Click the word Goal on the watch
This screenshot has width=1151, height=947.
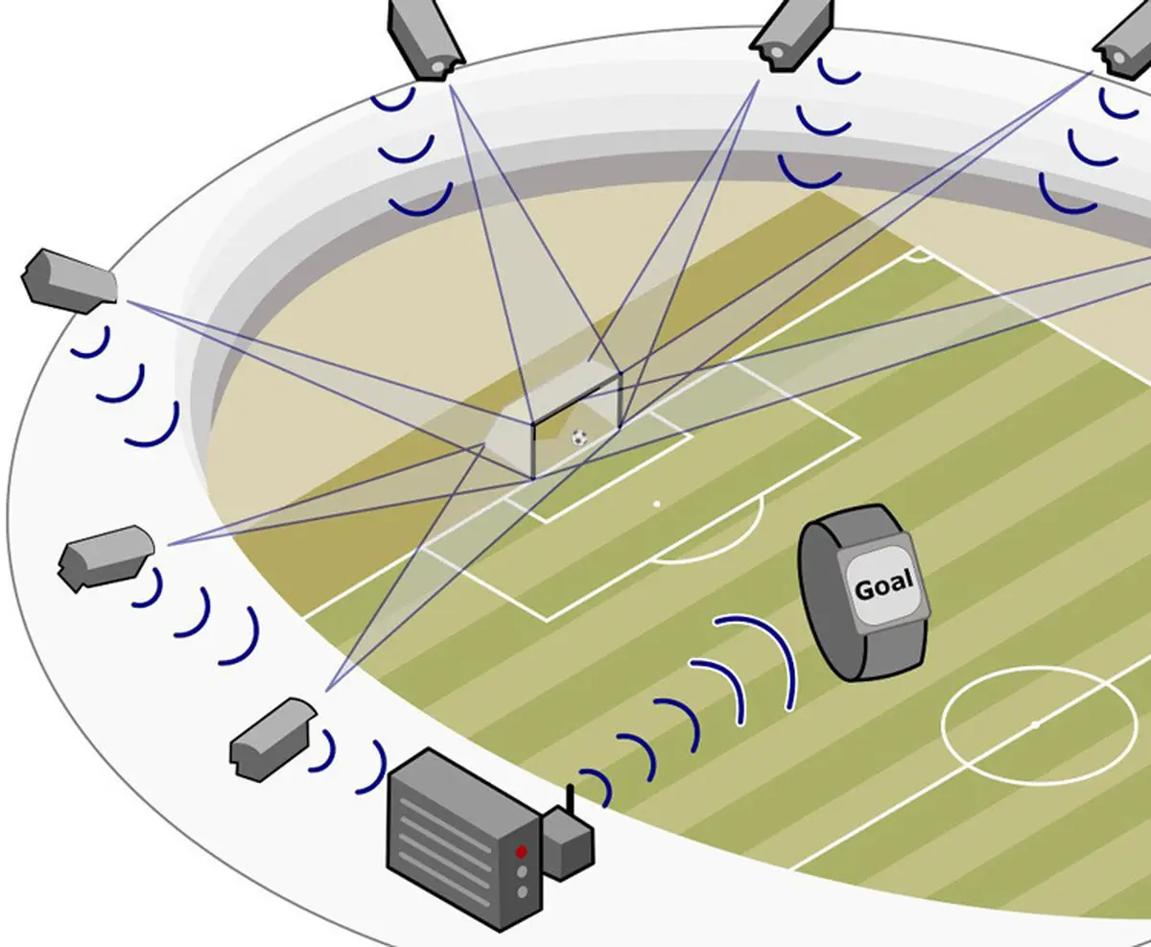(883, 586)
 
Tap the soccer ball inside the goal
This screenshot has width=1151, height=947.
(578, 438)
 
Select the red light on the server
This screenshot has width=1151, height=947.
(521, 851)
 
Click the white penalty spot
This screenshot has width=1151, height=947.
(657, 503)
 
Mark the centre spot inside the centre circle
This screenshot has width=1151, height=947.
(1034, 723)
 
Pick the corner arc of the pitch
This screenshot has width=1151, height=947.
(918, 256)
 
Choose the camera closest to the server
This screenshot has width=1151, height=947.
(271, 735)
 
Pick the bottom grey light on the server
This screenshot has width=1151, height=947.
(522, 892)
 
